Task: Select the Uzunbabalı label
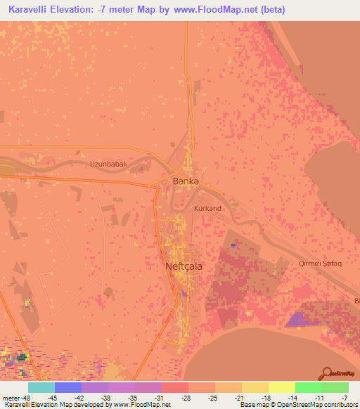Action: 108,164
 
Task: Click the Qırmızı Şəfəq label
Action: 309,263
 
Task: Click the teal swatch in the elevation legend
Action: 41,387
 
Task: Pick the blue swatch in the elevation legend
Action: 68,387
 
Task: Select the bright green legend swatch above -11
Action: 308,387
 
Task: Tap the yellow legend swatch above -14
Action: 281,387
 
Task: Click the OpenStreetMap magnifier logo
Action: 328,374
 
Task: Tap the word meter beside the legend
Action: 12,397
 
